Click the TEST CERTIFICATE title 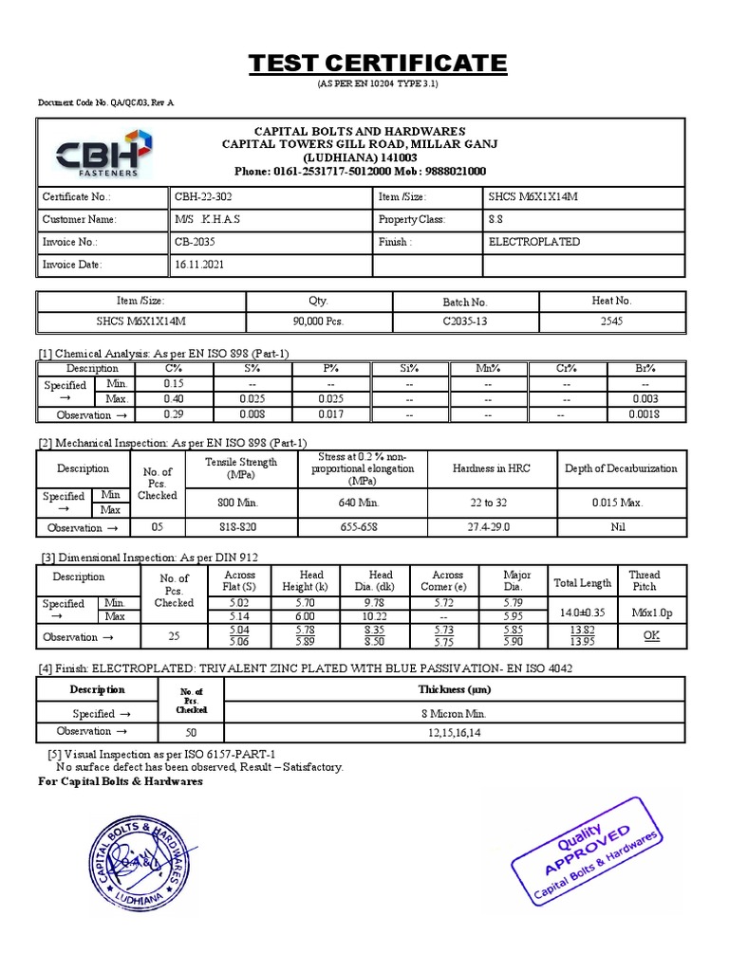(x=378, y=64)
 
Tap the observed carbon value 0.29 (x=173, y=414)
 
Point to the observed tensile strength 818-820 (x=241, y=527)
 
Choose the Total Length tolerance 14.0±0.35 (x=582, y=614)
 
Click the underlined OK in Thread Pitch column (x=650, y=636)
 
